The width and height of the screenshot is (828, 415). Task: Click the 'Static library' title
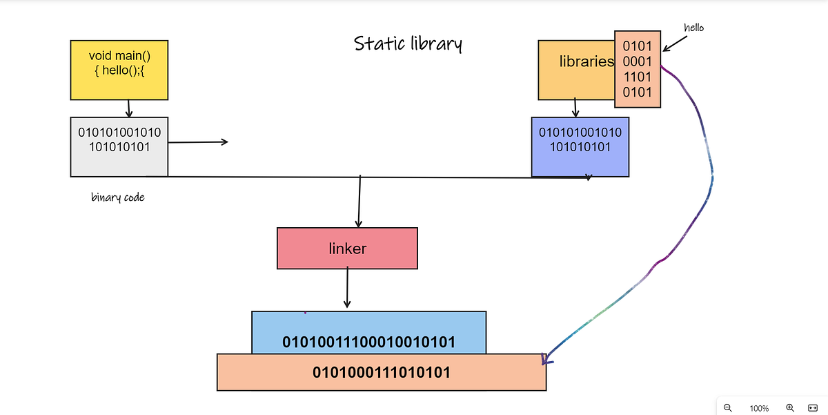tap(408, 44)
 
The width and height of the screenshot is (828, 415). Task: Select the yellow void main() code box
tap(119, 69)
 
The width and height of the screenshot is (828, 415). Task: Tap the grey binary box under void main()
tap(119, 146)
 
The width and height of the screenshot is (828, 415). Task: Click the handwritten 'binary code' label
tap(118, 197)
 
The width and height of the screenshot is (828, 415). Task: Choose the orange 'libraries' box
tap(576, 69)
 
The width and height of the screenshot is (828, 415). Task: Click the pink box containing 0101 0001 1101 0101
tap(638, 69)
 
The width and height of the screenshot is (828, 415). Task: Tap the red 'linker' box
tap(347, 249)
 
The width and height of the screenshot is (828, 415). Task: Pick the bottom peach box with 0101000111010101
tap(381, 373)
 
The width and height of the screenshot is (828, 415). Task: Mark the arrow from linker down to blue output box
tap(347, 288)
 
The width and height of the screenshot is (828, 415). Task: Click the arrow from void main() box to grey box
tap(129, 108)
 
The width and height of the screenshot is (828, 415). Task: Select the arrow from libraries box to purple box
tap(575, 107)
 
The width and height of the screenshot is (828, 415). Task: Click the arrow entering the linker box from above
tap(359, 202)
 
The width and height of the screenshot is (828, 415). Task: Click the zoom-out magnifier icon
tap(728, 407)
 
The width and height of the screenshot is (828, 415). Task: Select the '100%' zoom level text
tap(759, 408)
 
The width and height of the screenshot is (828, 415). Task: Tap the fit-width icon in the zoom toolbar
tap(812, 407)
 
